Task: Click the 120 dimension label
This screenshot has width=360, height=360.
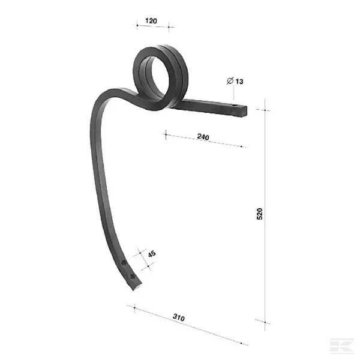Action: (x=151, y=21)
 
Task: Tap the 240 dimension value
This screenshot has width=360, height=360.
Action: (x=203, y=137)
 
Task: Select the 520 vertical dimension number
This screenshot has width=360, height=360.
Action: (x=259, y=214)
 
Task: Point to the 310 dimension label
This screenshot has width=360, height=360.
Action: (x=179, y=317)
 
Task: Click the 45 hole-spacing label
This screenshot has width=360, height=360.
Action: (x=152, y=254)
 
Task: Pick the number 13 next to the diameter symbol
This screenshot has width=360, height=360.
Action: (x=239, y=82)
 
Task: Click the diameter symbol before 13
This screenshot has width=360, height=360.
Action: (x=230, y=80)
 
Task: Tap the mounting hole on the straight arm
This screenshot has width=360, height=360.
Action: (x=234, y=106)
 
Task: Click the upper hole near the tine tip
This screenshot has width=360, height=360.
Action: (x=124, y=263)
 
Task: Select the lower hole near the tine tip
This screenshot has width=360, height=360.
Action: (x=132, y=277)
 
